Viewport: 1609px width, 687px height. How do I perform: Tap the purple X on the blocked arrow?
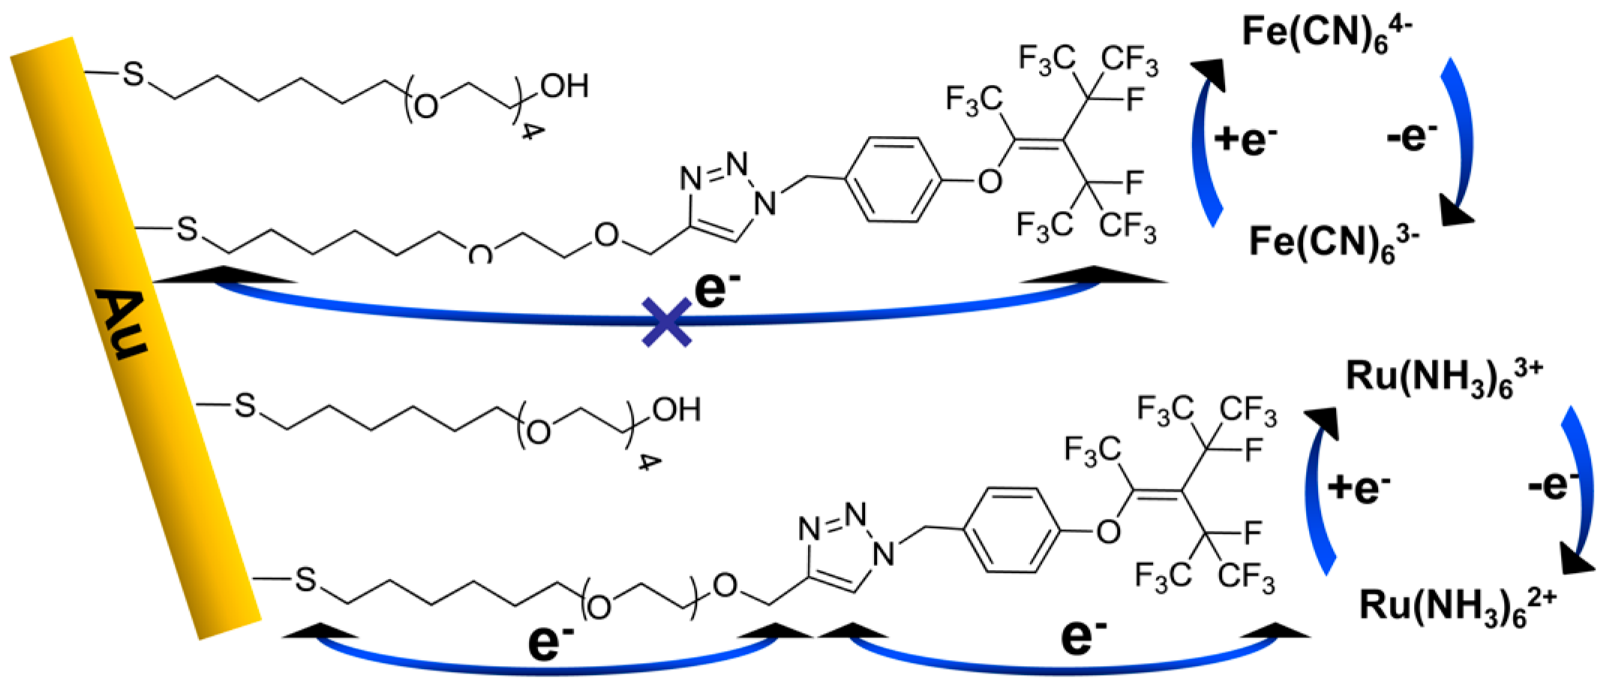666,322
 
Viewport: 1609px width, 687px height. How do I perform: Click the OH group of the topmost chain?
564,86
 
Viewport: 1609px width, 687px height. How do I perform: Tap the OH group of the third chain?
676,410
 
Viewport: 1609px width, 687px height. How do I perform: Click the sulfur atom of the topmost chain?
133,74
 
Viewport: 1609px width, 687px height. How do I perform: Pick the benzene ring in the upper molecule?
893,179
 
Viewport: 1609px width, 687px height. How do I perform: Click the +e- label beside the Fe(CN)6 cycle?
1245,140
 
